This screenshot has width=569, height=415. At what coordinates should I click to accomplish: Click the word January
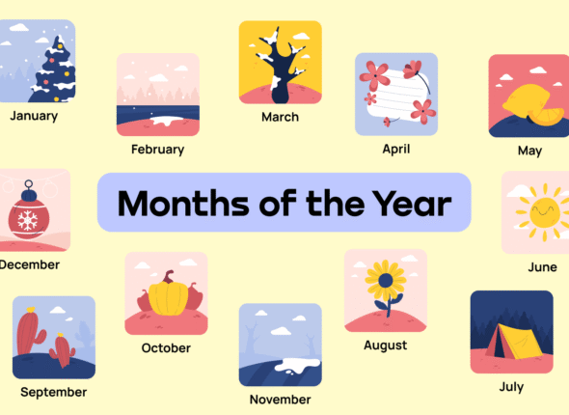[34, 116]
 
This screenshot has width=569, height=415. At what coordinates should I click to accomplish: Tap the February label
[157, 150]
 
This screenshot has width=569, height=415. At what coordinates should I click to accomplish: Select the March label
[280, 117]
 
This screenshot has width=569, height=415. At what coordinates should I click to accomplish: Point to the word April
[395, 149]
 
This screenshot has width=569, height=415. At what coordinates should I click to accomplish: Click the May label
[529, 151]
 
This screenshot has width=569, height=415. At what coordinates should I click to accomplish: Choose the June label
[542, 266]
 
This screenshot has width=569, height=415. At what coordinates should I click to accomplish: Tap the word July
[511, 387]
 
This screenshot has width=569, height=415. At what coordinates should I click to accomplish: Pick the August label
[385, 345]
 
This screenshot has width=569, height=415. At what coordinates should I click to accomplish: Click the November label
[280, 399]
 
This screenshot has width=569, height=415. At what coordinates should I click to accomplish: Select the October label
[166, 347]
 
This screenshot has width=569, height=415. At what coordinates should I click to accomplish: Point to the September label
[53, 392]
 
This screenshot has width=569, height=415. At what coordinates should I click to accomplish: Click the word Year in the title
[409, 204]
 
